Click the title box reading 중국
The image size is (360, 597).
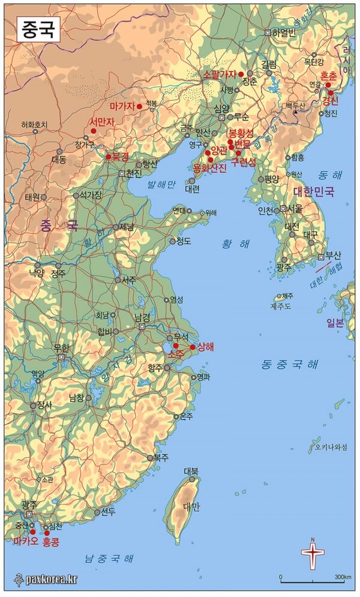38,29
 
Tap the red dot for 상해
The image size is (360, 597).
193,347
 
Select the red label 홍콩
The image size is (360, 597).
51,541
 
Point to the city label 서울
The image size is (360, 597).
295,209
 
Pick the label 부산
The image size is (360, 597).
333,254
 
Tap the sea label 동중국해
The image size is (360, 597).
290,364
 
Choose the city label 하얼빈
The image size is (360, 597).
284,32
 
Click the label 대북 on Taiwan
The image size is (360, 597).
191,471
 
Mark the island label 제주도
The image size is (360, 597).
280,306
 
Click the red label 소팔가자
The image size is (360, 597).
219,74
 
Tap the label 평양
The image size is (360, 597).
272,179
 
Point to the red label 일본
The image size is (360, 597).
335,323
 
